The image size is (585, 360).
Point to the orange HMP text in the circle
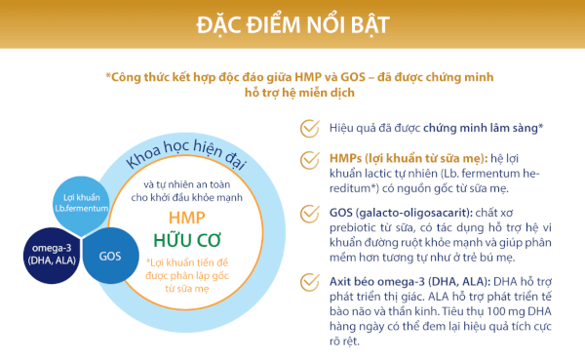tap(187, 217)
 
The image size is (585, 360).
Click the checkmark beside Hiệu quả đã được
tap(308, 129)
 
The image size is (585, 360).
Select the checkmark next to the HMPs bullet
tap(308, 161)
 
